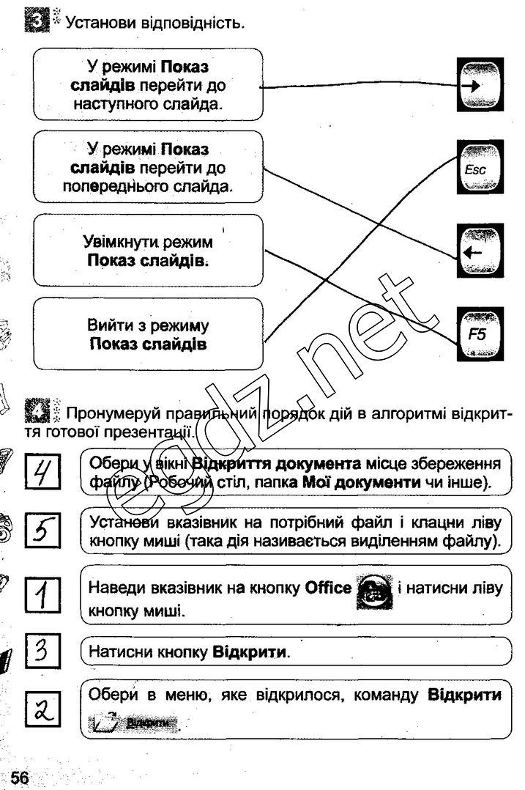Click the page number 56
20,779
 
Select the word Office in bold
328,588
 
